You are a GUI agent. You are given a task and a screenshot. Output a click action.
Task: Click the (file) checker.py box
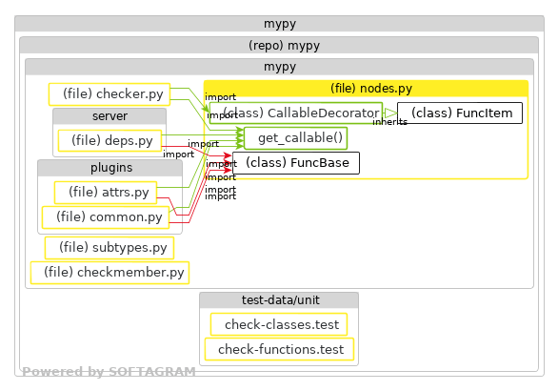coord(109,93)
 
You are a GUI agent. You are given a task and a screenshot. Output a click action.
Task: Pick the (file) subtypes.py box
coord(110,248)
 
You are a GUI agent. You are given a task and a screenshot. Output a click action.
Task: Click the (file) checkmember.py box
coord(110,273)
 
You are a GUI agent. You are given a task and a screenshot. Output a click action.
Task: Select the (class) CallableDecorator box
coord(294,113)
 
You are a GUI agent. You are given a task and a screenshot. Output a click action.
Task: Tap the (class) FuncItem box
coord(460,113)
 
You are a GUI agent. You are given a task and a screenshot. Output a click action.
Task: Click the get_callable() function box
coord(296,138)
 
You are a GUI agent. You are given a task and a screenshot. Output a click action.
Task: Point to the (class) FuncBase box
coord(296,163)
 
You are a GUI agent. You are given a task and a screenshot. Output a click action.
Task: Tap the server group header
coord(110,116)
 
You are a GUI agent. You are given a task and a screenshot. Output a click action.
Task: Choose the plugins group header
coord(110,168)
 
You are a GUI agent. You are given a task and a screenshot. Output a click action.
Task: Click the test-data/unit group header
coord(279,300)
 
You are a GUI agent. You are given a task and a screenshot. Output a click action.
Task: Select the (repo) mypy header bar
coord(279,45)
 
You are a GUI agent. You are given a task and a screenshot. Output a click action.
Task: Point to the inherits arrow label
coord(389,122)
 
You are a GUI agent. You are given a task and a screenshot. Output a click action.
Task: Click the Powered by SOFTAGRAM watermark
coord(109,372)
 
